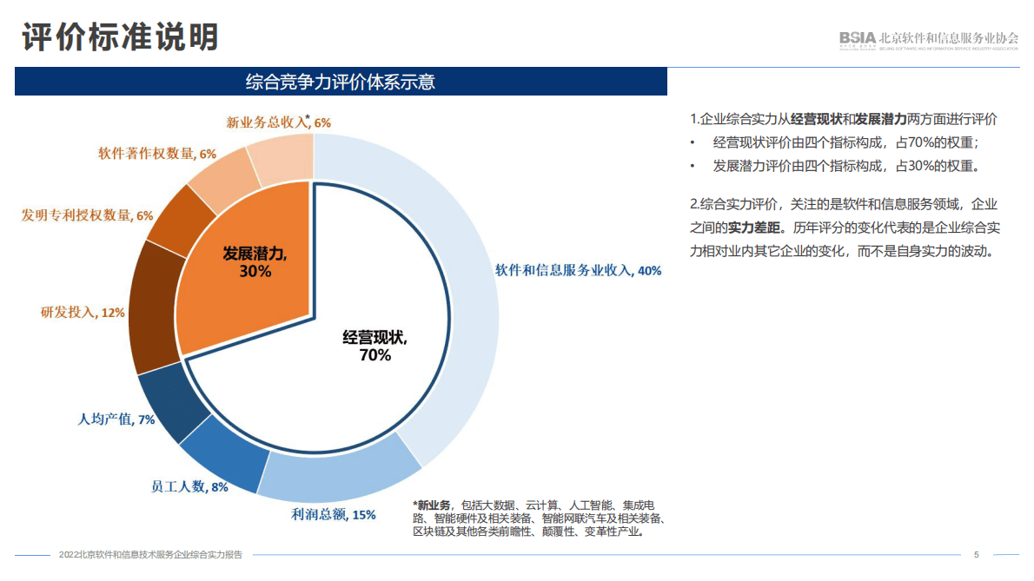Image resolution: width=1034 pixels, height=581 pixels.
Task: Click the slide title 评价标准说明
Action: click(120, 37)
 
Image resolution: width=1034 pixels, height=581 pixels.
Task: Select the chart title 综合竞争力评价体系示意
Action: click(341, 82)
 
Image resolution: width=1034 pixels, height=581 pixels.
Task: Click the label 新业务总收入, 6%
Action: click(278, 122)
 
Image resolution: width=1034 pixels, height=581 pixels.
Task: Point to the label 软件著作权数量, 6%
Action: click(157, 154)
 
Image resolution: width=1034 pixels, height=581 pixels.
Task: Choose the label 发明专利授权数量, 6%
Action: click(87, 215)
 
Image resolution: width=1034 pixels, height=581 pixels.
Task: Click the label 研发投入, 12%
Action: click(83, 312)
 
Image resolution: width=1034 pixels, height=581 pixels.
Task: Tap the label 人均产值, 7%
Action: click(116, 419)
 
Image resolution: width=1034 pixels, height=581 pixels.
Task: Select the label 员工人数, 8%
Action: click(189, 487)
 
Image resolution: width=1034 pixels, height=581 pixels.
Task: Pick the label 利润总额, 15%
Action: click(334, 514)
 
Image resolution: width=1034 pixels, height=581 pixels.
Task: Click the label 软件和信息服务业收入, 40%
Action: click(578, 270)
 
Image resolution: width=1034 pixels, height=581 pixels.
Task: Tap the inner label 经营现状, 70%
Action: click(374, 346)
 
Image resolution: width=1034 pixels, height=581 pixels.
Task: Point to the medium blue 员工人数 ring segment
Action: click(222, 456)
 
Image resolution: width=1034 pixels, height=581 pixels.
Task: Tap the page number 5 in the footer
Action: click(976, 554)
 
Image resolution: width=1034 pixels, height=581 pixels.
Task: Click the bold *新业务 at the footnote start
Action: click(432, 505)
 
